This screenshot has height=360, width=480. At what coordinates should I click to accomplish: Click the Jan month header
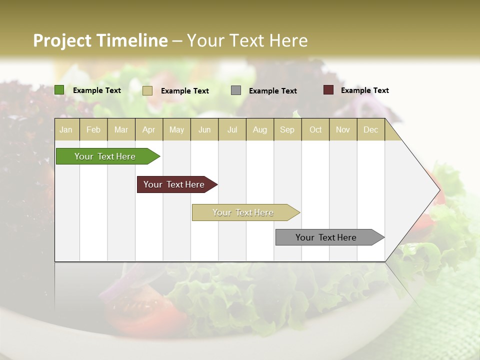pos(66,130)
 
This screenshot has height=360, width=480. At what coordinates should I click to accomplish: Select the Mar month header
pos(121,130)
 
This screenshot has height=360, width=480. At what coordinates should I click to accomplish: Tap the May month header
pos(176,130)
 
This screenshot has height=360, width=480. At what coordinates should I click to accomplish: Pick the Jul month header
pos(232,130)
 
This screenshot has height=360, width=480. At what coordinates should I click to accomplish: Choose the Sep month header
pos(287,130)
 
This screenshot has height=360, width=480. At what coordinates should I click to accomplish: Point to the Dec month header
pos(370,130)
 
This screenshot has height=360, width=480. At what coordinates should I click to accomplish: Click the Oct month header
pos(315,130)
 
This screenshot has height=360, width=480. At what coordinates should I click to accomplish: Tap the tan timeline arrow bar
pos(243,212)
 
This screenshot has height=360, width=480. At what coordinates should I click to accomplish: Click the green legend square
pos(59,90)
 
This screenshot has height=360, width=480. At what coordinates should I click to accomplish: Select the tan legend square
pos(147,90)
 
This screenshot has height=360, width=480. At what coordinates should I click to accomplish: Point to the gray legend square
pos(236,90)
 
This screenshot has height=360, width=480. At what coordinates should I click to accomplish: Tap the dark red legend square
pos(328,90)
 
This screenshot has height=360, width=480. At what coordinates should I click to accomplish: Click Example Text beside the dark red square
pos(364,90)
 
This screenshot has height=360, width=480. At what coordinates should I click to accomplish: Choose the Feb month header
pos(93,130)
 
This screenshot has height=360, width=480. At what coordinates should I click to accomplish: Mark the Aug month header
pos(260,130)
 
